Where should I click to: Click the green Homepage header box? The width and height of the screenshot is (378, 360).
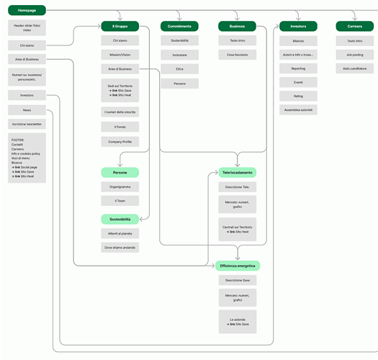pos(27,11)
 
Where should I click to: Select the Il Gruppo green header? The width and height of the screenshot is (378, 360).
pos(120,26)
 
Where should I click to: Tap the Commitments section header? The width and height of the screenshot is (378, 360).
pos(179,26)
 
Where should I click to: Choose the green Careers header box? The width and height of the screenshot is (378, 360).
pos(354,26)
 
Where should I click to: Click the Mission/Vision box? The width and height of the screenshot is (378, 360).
pos(120,55)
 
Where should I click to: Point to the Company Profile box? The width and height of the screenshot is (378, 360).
pos(120,142)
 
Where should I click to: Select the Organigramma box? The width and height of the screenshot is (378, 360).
pos(120,186)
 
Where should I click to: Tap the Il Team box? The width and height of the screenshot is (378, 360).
pos(120,201)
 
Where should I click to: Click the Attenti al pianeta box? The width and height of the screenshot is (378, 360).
pos(120,233)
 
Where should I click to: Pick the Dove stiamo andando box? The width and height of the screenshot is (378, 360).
pos(120,247)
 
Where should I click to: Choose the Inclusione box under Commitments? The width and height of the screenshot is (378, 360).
pos(179,55)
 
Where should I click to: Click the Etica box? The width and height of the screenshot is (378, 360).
pos(179,69)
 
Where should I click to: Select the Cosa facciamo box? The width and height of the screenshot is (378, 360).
pos(237,55)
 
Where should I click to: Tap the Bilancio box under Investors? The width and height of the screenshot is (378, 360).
pos(298,41)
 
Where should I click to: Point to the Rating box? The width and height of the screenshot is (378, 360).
pos(298,96)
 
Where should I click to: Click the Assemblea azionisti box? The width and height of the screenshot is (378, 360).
pos(298,109)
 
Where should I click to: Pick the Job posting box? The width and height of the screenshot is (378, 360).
pos(354,55)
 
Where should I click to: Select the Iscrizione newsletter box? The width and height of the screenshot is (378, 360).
pos(27,124)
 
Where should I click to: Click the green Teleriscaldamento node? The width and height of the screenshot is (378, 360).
pos(237,173)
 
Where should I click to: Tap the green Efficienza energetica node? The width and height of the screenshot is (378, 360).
pos(237,266)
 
